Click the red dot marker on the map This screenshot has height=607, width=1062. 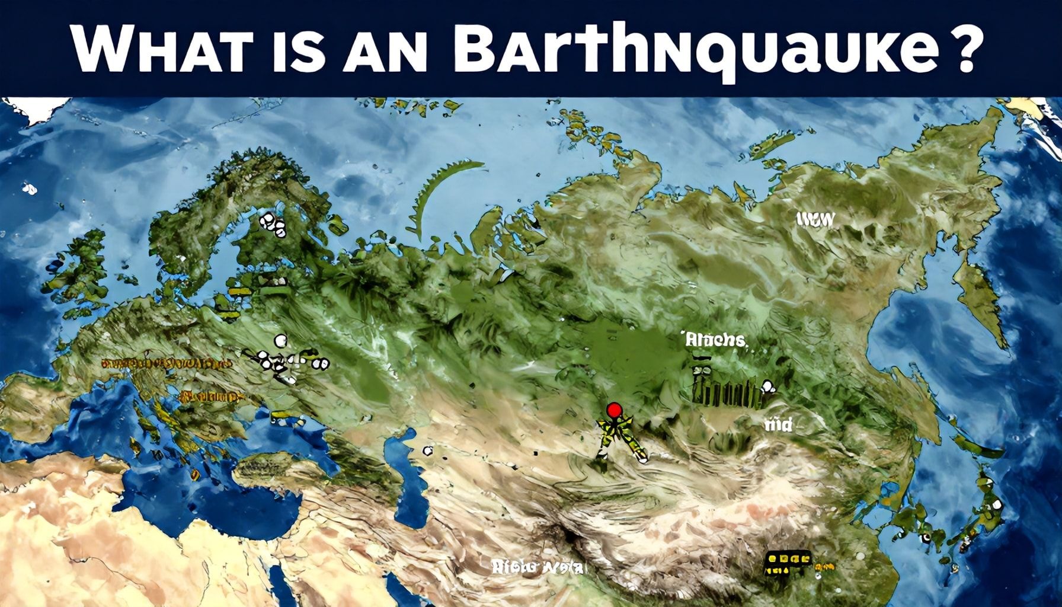(x=615, y=409)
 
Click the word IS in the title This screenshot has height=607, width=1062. (x=290, y=49)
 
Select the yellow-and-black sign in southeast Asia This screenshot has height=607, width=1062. (x=788, y=563)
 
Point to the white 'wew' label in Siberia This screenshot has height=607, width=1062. (x=815, y=220)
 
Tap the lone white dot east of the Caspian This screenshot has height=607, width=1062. (x=427, y=451)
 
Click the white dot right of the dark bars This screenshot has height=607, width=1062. (x=768, y=387)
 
